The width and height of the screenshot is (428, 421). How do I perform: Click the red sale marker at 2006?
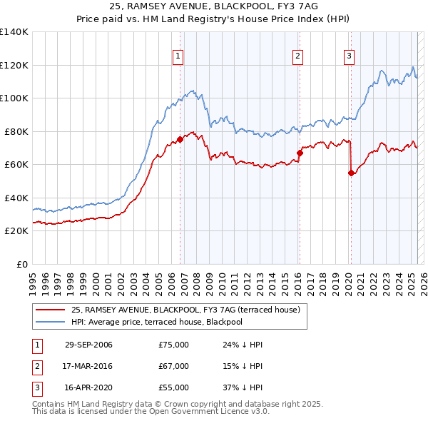coord(180,139)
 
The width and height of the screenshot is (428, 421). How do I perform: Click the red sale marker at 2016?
coord(300,152)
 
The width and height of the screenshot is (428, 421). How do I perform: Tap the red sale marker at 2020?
coord(351,172)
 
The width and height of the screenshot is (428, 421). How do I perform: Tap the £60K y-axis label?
coord(17,164)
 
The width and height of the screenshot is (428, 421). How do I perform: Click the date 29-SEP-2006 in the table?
coord(88,345)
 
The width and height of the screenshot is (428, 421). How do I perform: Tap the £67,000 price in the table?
coord(173,366)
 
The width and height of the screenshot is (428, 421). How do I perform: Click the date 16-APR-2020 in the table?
coord(88,387)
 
